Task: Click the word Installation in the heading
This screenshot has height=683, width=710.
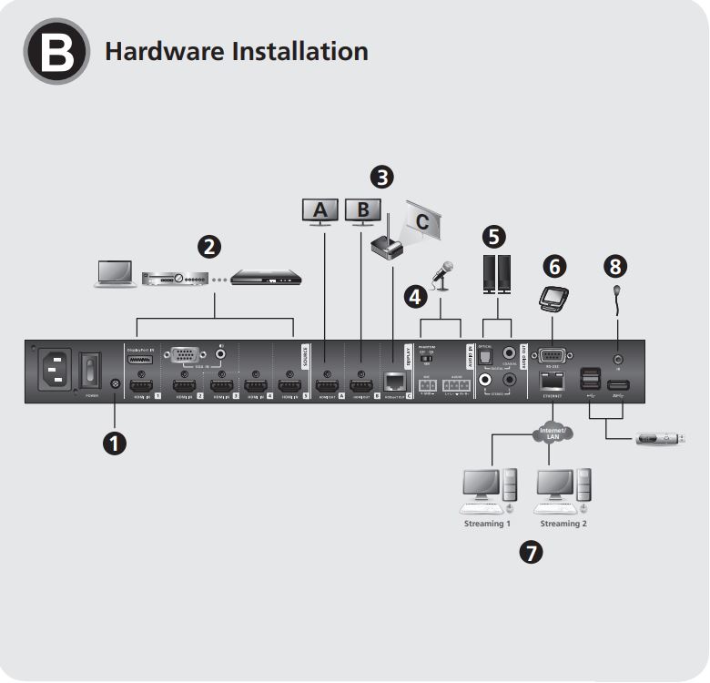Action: pos(300,51)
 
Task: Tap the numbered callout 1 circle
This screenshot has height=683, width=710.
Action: pos(115,443)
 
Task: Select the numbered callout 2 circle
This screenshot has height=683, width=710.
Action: pos(210,246)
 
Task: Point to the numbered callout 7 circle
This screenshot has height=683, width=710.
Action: pos(528,551)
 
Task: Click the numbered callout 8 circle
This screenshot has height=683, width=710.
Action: pos(617,266)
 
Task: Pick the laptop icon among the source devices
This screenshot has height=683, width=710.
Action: pos(117,275)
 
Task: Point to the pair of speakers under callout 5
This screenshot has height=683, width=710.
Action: pos(496,275)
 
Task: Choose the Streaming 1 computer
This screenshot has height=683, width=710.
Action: pos(490,492)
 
